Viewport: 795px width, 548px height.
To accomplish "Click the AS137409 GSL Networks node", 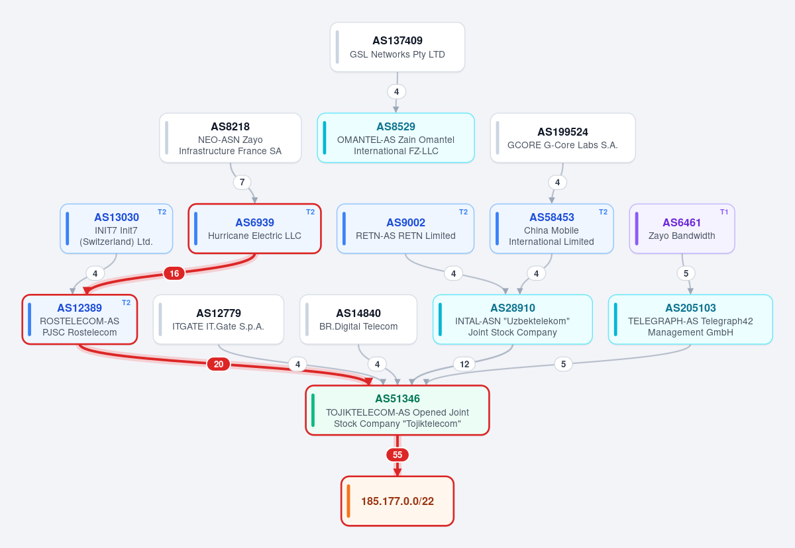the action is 397,47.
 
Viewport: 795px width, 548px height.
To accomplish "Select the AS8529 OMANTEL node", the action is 396,138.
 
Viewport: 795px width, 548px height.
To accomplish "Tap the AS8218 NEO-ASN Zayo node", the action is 231,138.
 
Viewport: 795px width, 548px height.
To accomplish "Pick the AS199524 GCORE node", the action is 563,138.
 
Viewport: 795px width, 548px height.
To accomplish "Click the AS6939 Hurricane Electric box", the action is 254,228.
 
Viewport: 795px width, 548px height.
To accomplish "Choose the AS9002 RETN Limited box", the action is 405,228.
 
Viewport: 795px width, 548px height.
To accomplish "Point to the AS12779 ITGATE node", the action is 218,320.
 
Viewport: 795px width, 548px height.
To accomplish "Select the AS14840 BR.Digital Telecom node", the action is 358,320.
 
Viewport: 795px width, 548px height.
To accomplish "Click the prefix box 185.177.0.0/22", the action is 397,501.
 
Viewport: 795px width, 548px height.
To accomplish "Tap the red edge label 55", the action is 397,455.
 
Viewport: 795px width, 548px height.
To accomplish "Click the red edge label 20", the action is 219,364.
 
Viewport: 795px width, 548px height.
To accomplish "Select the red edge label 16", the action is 174,273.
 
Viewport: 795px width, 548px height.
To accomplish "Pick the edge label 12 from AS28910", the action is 464,364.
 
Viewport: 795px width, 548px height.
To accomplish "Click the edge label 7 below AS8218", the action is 242,182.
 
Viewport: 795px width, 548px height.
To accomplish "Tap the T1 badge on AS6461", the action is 724,212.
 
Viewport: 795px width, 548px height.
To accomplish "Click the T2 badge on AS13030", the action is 162,212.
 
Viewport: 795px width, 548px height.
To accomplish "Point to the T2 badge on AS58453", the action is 603,212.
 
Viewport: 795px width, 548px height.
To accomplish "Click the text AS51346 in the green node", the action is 397,399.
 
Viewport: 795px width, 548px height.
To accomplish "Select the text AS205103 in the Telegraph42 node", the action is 690,308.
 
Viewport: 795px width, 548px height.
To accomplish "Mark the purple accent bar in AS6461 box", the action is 637,228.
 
